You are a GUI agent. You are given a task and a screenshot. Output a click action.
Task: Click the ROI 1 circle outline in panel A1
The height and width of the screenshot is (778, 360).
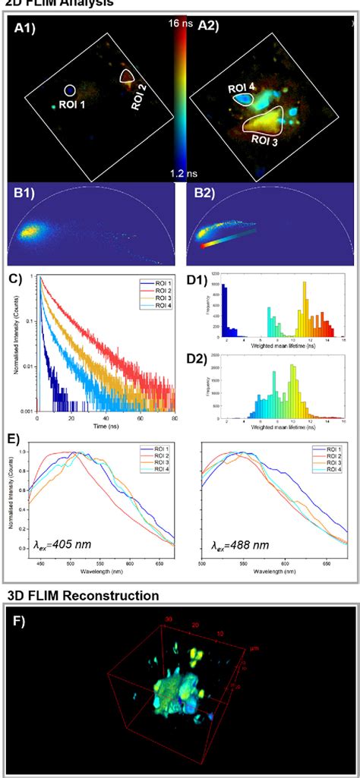click(70, 90)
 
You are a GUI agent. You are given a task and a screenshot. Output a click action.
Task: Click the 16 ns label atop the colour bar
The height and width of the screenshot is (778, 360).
click(181, 24)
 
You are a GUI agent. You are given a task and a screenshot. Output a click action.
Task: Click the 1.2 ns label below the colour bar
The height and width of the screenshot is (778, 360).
click(181, 174)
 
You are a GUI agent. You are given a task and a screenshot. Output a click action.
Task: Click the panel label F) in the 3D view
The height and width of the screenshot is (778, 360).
click(18, 619)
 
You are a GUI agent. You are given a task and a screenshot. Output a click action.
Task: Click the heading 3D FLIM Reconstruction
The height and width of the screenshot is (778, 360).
click(83, 596)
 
